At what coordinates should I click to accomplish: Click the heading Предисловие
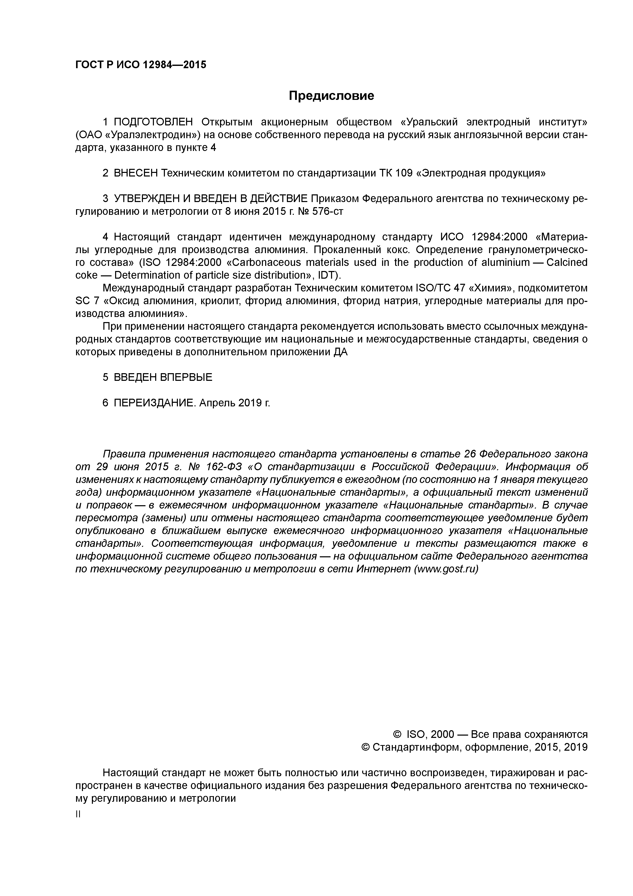[331, 96]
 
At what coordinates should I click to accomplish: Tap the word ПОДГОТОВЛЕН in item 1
[153, 122]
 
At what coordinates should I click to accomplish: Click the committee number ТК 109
[395, 173]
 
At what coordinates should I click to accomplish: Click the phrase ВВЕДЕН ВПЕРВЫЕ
[163, 377]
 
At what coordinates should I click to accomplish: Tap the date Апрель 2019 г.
[234, 403]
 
